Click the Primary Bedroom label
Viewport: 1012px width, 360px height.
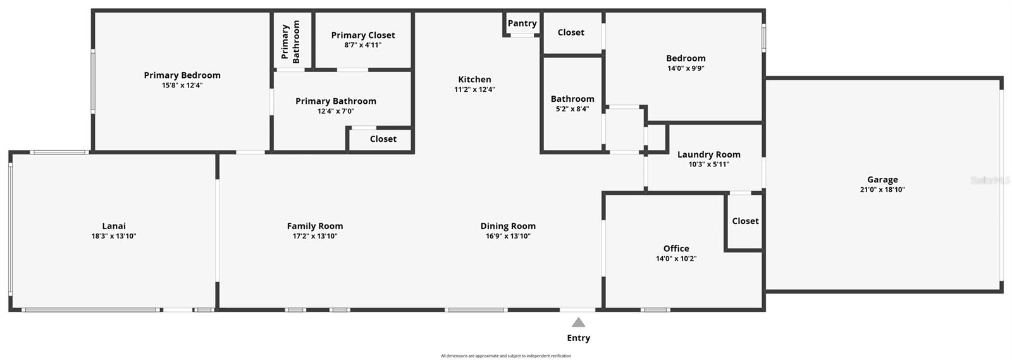click(182, 75)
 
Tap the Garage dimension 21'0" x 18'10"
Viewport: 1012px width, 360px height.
click(882, 190)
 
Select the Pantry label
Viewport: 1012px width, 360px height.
click(522, 23)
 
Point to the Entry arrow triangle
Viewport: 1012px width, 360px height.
click(578, 323)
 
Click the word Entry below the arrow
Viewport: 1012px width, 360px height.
click(578, 338)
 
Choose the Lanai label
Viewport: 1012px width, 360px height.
click(114, 226)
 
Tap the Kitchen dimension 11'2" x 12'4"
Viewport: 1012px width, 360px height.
click(474, 90)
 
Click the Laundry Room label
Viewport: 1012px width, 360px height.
click(708, 154)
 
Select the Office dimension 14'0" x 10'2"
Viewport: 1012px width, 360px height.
click(676, 259)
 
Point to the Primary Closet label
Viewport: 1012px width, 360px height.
click(363, 35)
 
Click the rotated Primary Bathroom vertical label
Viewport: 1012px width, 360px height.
click(291, 41)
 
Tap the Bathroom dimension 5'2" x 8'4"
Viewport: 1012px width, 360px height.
click(572, 109)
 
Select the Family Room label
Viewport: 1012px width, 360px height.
click(315, 226)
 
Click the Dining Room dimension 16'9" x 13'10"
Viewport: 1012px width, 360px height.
click(508, 236)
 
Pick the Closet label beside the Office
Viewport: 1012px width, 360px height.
click(745, 221)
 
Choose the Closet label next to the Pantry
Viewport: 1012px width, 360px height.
click(571, 32)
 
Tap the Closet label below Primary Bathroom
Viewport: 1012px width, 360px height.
click(383, 139)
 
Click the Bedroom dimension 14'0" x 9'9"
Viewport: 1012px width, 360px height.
click(686, 68)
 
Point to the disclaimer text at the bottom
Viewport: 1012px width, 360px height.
click(506, 356)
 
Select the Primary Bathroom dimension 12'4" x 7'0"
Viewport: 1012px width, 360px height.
click(336, 111)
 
